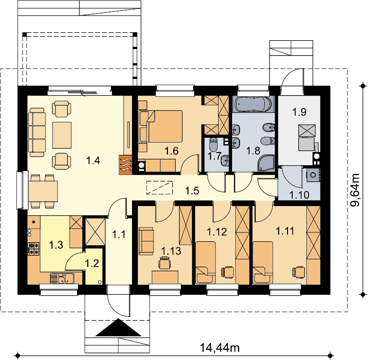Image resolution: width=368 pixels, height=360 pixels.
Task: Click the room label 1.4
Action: pos(93,161)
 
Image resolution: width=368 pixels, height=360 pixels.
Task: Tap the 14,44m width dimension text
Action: pos(220,348)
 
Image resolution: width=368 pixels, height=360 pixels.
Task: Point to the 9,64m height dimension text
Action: pos(355,190)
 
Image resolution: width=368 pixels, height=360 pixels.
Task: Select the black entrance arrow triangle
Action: pos(119,328)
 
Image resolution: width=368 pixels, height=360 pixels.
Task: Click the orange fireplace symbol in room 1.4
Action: pos(126,165)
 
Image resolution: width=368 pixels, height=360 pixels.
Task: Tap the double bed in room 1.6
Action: pos(160,126)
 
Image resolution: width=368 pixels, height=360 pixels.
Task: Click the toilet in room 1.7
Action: pos(213,144)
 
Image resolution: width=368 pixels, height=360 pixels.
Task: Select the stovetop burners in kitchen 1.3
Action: pos(33,249)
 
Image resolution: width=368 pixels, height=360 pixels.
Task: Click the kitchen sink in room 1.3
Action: pos(62,278)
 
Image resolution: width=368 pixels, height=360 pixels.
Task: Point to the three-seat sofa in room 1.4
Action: pos(37,132)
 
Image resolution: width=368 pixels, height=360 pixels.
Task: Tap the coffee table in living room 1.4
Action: pos(62,135)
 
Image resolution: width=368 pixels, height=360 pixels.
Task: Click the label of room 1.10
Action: pos(299,195)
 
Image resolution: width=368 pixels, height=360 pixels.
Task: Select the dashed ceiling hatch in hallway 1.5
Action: pos(159,188)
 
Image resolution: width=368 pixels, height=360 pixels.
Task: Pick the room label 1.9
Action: pos(299,112)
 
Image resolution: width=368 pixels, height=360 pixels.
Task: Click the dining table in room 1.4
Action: pos(43,191)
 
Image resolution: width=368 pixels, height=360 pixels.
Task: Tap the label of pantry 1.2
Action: pos(92,263)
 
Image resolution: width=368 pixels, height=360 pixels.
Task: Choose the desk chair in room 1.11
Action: pos(298,272)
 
